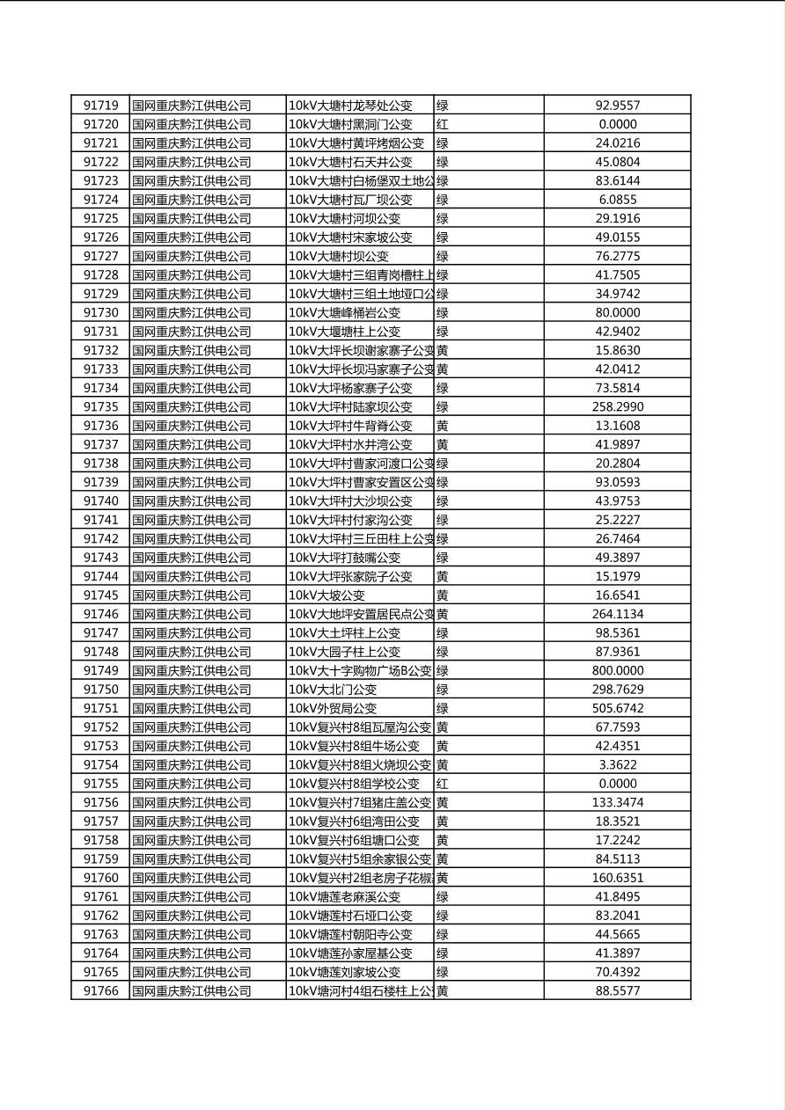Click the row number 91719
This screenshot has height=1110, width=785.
pyautogui.click(x=100, y=106)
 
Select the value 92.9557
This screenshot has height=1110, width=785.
pyautogui.click(x=617, y=106)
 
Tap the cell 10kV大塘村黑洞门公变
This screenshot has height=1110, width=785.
pyautogui.click(x=350, y=125)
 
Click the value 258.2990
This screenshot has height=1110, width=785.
pyautogui.click(x=617, y=407)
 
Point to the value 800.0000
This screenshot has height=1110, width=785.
pyautogui.click(x=617, y=671)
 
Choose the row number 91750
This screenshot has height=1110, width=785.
pyautogui.click(x=100, y=690)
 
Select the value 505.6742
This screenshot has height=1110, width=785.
pyautogui.click(x=617, y=709)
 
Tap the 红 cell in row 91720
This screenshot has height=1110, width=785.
pyautogui.click(x=443, y=125)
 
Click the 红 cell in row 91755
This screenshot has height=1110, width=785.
pyautogui.click(x=443, y=784)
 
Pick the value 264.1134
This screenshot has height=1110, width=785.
pyautogui.click(x=617, y=615)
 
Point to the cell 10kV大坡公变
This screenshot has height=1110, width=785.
pyautogui.click(x=326, y=595)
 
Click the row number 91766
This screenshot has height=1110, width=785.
pyautogui.click(x=100, y=991)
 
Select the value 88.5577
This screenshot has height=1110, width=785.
pyautogui.click(x=617, y=991)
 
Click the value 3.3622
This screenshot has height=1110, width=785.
pyautogui.click(x=617, y=765)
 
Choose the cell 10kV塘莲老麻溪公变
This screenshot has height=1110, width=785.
pyautogui.click(x=344, y=897)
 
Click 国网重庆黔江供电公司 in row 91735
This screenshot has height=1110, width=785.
pyautogui.click(x=192, y=407)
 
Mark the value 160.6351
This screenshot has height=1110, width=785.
pyautogui.click(x=617, y=878)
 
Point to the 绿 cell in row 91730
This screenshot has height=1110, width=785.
pyautogui.click(x=443, y=313)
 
